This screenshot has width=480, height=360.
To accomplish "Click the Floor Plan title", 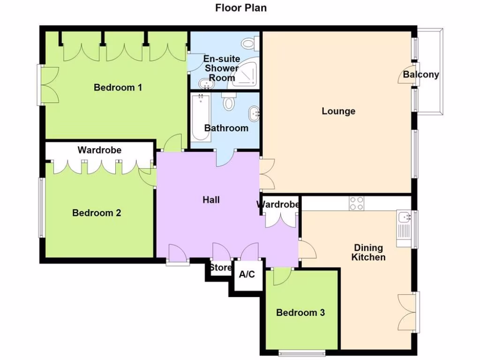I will click(241, 8).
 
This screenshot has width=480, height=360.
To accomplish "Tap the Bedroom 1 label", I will click(118, 88).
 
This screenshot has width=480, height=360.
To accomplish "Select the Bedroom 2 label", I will click(97, 213).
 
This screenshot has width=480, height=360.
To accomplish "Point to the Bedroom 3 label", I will click(300, 313).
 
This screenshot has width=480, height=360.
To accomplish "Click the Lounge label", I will click(338, 111).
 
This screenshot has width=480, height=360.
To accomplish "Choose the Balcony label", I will click(421, 75).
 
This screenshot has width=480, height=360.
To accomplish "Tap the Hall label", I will click(211, 200).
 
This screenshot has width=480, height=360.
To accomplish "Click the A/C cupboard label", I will click(247, 274).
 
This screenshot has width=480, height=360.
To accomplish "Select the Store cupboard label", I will click(220, 268).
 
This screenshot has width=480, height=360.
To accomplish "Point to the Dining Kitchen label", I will click(368, 252).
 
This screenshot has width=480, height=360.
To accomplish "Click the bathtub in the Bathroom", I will click(200, 118).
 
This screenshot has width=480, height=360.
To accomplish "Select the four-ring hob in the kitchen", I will click(357, 203).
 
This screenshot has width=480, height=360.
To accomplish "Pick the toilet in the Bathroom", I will click(229, 101).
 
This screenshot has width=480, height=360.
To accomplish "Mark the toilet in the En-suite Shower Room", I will click(248, 44).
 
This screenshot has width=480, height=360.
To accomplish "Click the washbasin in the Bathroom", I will click(254, 113).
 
